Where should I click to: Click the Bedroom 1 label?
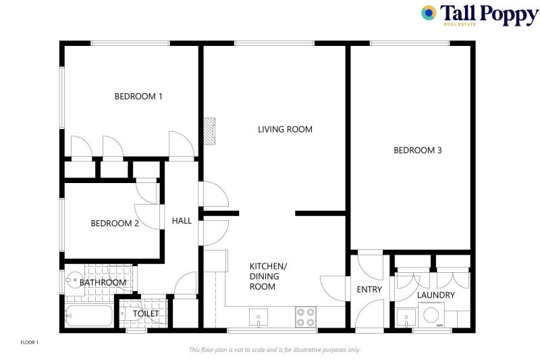coord(138,97)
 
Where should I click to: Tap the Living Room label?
coord(285,130)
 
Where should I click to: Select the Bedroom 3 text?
coord(417,150)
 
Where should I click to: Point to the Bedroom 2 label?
coord(115,224)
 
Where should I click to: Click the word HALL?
coord(182,221)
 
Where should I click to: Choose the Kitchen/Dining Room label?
coord(268,276)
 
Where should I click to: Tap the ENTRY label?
coord(369,289)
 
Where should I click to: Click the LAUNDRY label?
coord(435,295)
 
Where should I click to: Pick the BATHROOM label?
coord(103,282)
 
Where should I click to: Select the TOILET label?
coord(146,313)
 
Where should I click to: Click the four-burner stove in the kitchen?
coord(306,317)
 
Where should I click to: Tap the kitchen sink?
coord(259,317)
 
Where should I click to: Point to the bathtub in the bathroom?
coord(89,316)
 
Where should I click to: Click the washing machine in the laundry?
coord(431,315)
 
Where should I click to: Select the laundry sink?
coord(406,317)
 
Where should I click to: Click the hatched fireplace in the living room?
coord(209,131)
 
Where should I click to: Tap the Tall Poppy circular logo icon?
coord(429,13)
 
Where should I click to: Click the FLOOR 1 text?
coord(30,342)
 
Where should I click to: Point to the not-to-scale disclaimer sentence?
coord(275,350)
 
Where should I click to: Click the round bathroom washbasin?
coord(73,280)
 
